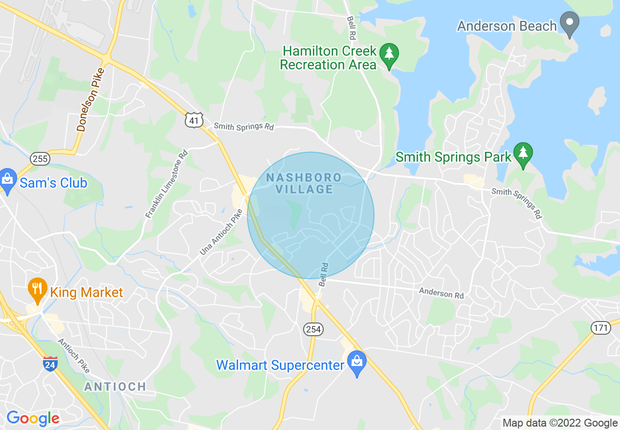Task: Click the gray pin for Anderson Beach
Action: [x=569, y=23]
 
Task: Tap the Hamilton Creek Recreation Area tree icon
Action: [x=389, y=54]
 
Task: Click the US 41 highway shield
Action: [x=194, y=120]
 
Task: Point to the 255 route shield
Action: [x=40, y=158]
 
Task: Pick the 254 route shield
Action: [x=313, y=329]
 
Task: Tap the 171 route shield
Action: [x=601, y=328]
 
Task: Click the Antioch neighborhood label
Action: [x=115, y=387]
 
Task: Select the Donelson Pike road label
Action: [x=90, y=100]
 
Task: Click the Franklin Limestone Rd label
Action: [x=167, y=183]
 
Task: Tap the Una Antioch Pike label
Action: [x=221, y=232]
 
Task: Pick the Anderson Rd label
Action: [x=441, y=293]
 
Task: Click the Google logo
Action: [x=33, y=418]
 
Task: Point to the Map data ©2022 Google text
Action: [x=560, y=423]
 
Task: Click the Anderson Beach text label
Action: [x=507, y=26]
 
